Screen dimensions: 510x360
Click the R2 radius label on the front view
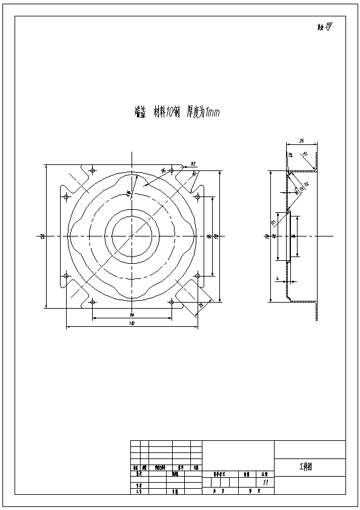tap(192, 163)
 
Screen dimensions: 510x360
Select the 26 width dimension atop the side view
tap(301, 141)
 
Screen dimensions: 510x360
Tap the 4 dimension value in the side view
tap(277, 279)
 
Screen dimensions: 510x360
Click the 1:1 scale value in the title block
tap(265, 483)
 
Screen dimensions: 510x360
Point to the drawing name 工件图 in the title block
tap(305, 468)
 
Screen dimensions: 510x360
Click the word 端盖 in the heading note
tap(139, 112)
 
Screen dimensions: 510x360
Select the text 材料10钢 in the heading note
tap(167, 112)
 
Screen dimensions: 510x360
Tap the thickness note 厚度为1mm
tap(204, 112)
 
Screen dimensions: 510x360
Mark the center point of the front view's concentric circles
tap(132, 235)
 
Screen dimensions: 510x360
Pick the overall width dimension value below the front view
tap(132, 324)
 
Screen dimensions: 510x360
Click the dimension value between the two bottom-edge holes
tap(132, 315)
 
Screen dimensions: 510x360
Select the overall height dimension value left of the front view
tap(42, 237)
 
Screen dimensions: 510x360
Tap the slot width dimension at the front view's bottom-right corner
tap(200, 306)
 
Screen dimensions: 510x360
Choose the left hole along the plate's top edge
tap(92, 169)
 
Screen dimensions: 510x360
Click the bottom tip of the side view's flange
tap(316, 318)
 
